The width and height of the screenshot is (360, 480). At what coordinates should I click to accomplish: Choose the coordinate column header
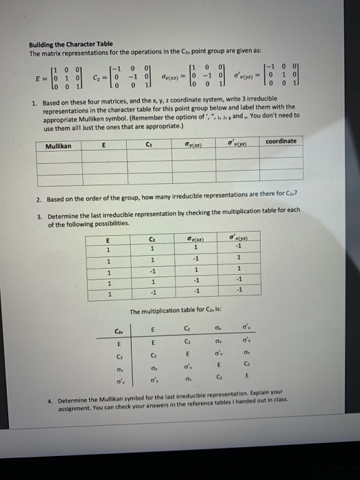coord(281,141)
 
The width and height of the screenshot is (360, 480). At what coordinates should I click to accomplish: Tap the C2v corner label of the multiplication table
coord(119,333)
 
